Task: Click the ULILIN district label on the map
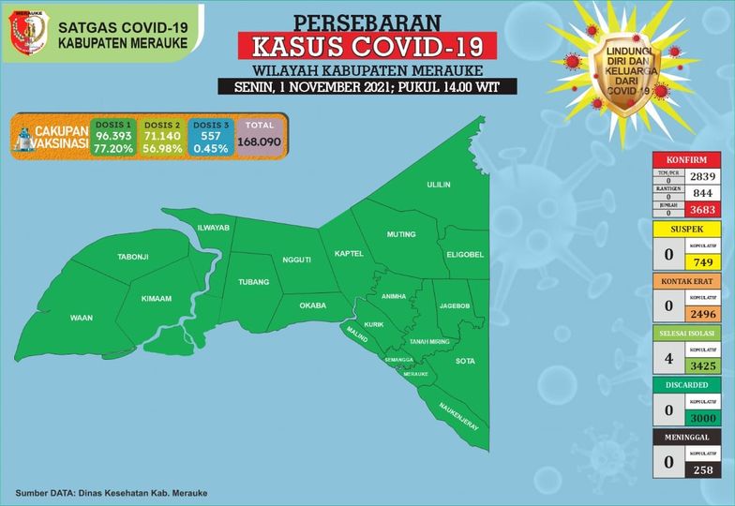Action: pos(440,186)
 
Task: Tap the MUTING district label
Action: pos(401,234)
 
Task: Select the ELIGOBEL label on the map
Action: pos(464,254)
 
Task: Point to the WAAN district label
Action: pos(82,319)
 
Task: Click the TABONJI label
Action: pos(132,257)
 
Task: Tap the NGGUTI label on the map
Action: pos(295,260)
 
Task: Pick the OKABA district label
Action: pos(312,305)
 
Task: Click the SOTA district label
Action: pos(465,360)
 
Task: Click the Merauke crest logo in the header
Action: pos(28,34)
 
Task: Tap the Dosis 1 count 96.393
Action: pos(113,136)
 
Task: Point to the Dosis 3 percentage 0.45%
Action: pos(210,148)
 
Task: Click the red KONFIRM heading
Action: pos(686,159)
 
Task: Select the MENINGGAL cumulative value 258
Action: pos(702,470)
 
